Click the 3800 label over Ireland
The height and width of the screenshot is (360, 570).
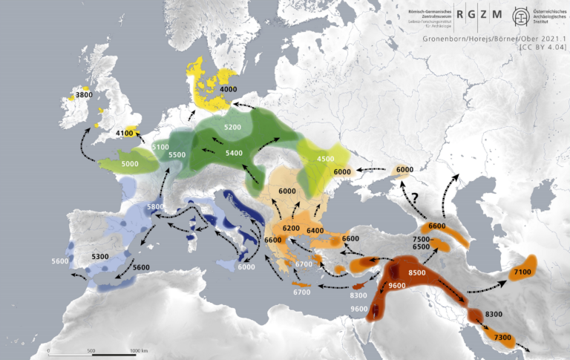[84, 95]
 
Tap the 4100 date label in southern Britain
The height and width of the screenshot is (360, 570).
[125, 133]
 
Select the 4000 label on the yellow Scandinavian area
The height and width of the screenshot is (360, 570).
[229, 89]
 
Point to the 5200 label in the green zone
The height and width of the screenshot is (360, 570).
[232, 128]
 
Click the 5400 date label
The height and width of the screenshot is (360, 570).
[234, 152]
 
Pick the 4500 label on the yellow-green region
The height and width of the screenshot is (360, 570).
[326, 159]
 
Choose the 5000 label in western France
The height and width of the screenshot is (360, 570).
[130, 163]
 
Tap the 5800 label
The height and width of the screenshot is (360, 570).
[155, 207]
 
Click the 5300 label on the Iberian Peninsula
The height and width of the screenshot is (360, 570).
[99, 257]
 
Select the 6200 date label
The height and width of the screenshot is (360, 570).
[292, 227]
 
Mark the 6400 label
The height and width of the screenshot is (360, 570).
[315, 231]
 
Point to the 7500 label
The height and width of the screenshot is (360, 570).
[422, 238]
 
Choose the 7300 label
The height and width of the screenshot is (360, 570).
[502, 338]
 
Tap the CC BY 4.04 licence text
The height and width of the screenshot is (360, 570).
[543, 47]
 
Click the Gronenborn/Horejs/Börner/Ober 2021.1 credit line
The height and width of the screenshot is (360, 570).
[494, 38]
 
